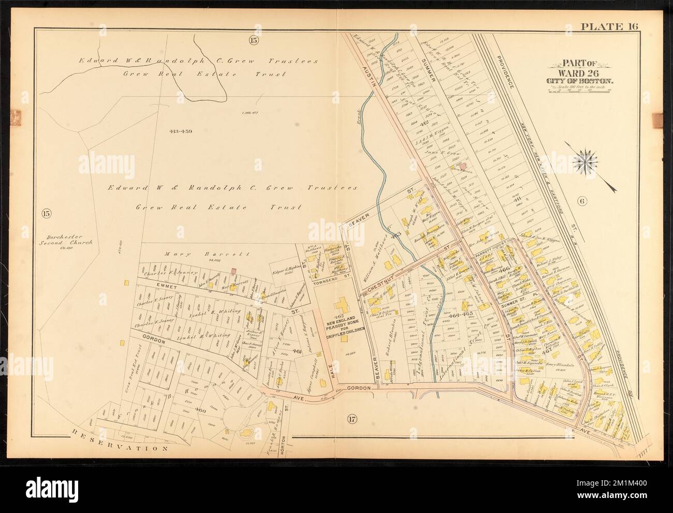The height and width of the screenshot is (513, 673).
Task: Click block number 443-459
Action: point(181,131)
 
